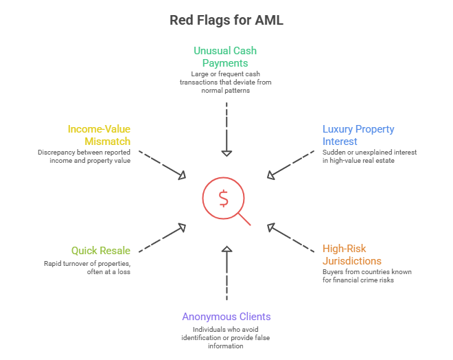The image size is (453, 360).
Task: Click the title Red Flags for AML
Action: coord(226,21)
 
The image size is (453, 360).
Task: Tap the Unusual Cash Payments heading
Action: coord(225,56)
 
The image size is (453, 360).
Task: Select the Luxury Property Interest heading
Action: coord(358,135)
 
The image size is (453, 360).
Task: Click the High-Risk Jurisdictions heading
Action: coord(353,255)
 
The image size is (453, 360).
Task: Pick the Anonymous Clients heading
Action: coord(226,317)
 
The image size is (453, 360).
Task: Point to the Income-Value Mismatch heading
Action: coord(99,135)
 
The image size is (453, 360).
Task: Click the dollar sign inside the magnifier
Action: coord(223,198)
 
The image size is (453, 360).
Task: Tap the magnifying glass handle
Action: coord(244,218)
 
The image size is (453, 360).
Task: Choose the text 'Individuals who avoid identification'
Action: coord(226,337)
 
